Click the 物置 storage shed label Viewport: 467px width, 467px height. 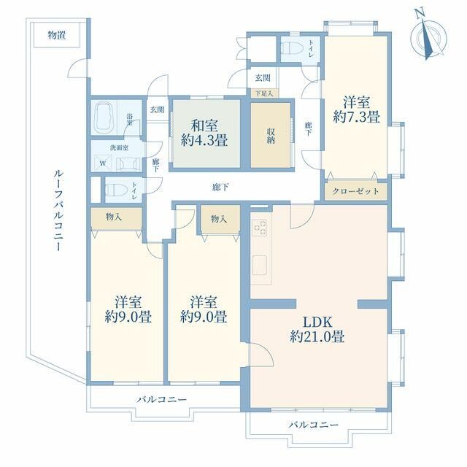click(x=57, y=36)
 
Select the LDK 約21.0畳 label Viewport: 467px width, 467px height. click(x=317, y=329)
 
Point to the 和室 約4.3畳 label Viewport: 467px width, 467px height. click(x=204, y=133)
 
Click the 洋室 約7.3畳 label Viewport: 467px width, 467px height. click(x=357, y=109)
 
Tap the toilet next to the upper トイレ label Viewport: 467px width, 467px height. click(x=292, y=49)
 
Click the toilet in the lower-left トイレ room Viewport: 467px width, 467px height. click(x=117, y=189)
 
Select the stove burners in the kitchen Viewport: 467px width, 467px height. click(x=260, y=228)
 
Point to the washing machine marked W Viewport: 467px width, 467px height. click(x=103, y=163)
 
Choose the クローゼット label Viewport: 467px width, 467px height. click(x=355, y=191)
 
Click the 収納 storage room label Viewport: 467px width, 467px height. click(x=271, y=136)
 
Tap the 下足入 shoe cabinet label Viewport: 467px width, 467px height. click(x=264, y=93)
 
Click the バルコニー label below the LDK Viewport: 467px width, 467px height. click(x=313, y=425)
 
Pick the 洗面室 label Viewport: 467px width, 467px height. click(x=119, y=147)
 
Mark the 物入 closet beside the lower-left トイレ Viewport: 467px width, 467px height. click(x=114, y=217)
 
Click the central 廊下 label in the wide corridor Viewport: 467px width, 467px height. click(x=220, y=187)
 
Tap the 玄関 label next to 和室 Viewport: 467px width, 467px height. click(x=157, y=109)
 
